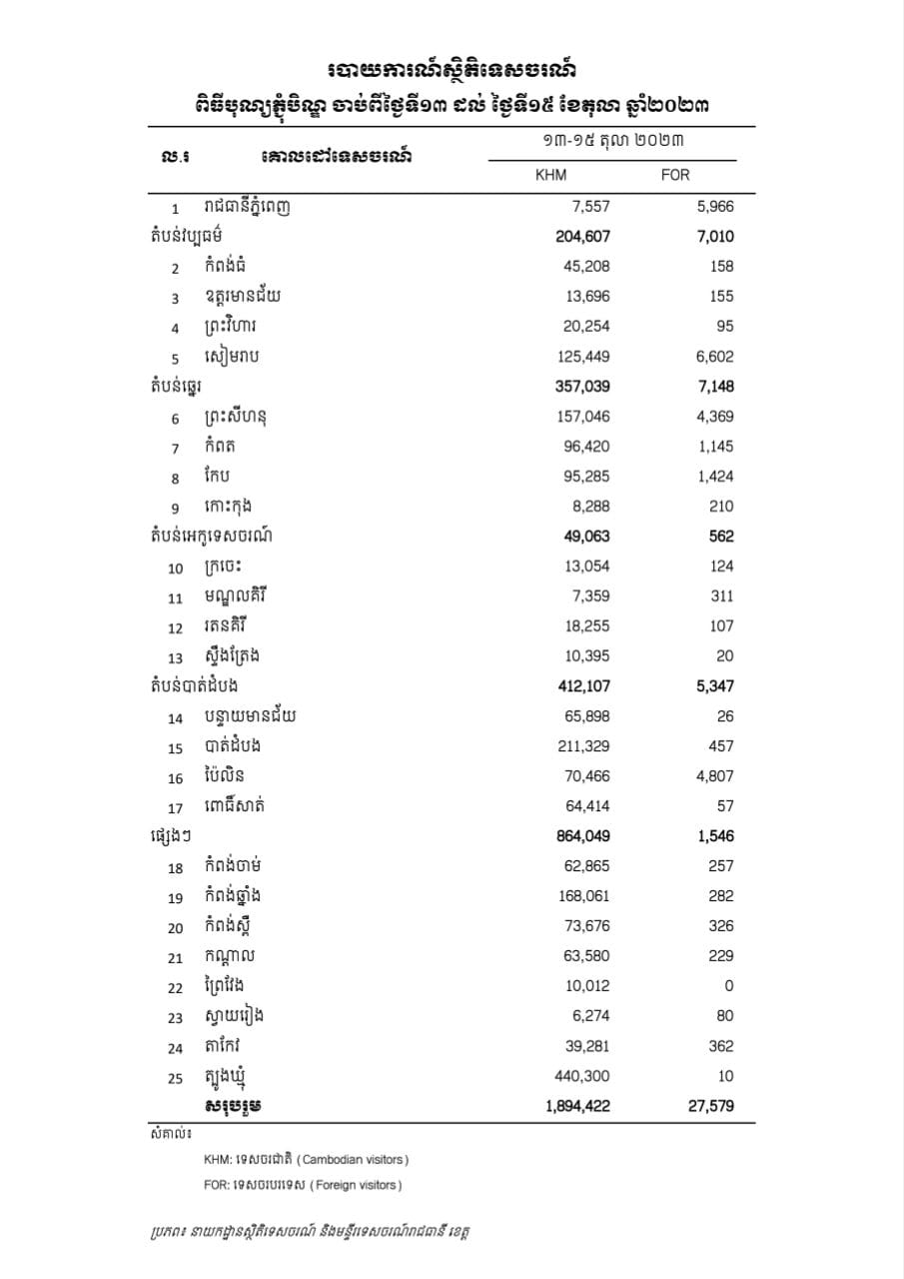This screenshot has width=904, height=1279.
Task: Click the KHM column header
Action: click(551, 175)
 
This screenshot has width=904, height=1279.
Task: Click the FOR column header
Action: click(675, 175)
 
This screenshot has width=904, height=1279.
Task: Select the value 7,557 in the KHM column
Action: click(589, 207)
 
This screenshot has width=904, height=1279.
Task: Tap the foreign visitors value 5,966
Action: click(714, 207)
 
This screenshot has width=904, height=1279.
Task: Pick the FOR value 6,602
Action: click(714, 357)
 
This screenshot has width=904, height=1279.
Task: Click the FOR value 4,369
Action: click(714, 417)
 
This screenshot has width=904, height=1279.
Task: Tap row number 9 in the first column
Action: click(175, 508)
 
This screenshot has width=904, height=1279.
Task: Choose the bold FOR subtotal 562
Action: click(720, 537)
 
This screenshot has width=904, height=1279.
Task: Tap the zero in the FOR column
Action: click(729, 986)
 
